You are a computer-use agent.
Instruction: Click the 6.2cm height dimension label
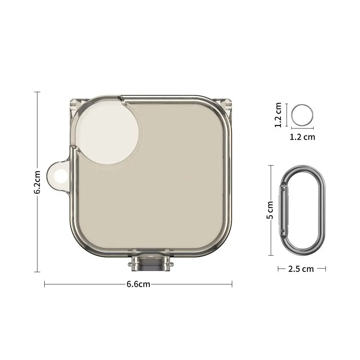[x=37, y=182]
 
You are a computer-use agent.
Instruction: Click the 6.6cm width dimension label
[x=138, y=284]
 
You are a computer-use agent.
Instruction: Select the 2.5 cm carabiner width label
[x=301, y=269]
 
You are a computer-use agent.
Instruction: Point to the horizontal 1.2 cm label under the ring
[x=302, y=137]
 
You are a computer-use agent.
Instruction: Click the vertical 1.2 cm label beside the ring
[x=278, y=115]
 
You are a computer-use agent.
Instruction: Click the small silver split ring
[x=302, y=115]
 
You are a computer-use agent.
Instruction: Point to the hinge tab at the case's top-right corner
[x=228, y=102]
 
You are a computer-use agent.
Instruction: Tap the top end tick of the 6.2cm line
[x=37, y=92]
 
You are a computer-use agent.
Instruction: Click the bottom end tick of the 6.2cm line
[x=37, y=272]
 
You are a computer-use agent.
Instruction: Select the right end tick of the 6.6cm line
[x=232, y=284]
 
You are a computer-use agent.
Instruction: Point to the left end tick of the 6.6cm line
[x=44, y=284]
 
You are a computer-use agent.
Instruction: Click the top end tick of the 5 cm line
[x=271, y=165]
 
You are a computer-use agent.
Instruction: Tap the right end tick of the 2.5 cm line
[x=325, y=269]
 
